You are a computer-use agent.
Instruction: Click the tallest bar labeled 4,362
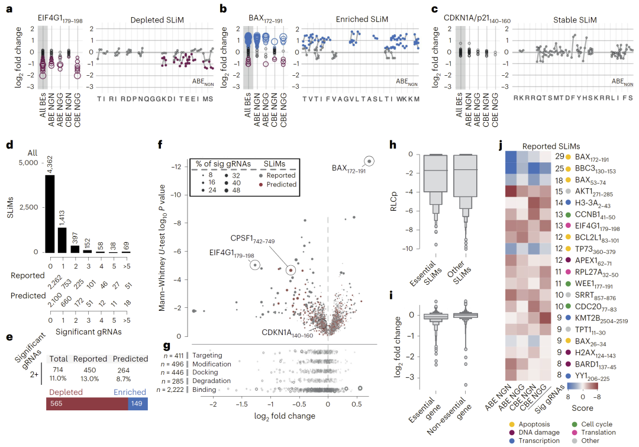49,213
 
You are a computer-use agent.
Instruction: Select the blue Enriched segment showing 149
138,403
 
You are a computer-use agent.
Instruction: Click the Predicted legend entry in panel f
280,184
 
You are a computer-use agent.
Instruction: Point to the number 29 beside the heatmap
559,157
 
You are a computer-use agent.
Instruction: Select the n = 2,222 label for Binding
169,390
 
